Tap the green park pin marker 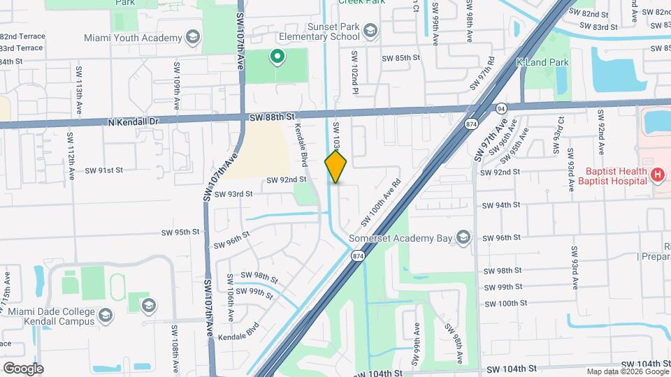pos(277,57)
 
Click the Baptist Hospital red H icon pos(657,175)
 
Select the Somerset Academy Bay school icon pos(463,239)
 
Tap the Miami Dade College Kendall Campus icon pos(147,305)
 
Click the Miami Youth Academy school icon pos(192,37)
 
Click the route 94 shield pos(501,109)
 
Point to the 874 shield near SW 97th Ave pos(472,124)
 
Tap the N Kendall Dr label pos(134,121)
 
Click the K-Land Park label pos(542,62)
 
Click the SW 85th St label pos(401,57)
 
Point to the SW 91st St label pos(104,170)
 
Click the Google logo pos(22,368)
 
